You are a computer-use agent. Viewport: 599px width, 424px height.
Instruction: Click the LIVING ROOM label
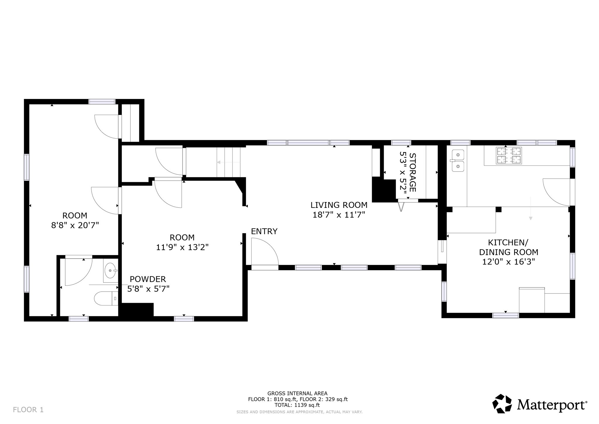point(339,205)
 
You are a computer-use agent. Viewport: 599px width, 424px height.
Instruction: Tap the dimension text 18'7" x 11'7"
point(339,215)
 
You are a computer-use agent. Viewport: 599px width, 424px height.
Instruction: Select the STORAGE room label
point(412,172)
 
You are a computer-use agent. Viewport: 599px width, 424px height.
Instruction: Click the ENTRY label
point(264,231)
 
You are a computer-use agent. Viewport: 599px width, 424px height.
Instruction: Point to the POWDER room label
point(148,279)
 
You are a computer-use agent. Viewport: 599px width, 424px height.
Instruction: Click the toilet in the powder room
point(105,298)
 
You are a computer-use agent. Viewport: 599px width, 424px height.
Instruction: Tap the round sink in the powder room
point(110,271)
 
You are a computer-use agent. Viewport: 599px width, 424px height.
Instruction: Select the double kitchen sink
point(458,160)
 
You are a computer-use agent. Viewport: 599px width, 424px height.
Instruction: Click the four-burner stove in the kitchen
point(509,155)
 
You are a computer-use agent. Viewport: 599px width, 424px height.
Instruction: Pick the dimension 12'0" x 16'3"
point(508,262)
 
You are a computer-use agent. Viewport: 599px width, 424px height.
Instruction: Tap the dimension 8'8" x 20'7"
point(75,225)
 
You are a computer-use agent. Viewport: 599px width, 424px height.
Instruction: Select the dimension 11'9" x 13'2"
point(182,247)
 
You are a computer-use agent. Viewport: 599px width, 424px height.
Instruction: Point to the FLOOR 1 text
point(28,410)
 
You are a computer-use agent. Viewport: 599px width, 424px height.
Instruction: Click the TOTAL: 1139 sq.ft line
point(297,405)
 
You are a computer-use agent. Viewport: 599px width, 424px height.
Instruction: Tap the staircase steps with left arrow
point(228,162)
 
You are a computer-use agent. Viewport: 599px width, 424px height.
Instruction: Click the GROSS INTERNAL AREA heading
point(297,394)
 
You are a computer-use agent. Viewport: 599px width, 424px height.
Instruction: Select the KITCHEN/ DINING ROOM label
point(508,247)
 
